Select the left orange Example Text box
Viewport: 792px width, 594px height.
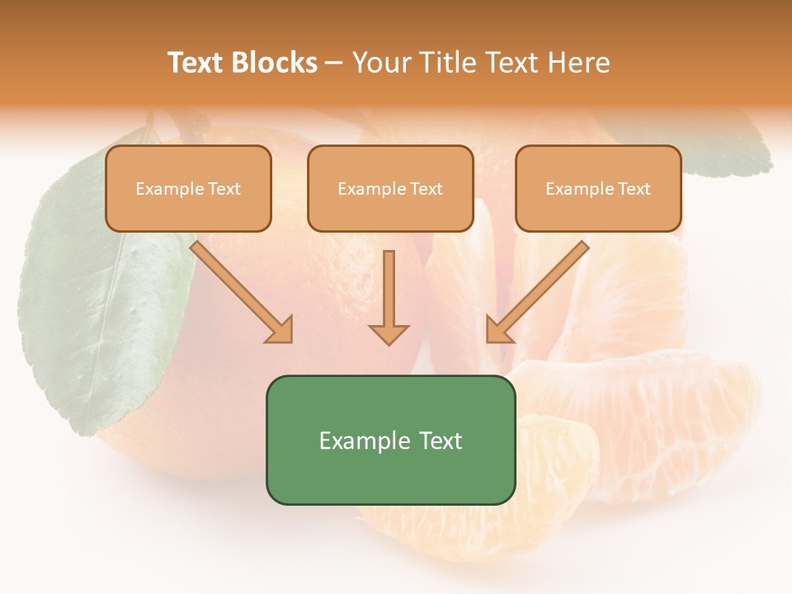[188, 189]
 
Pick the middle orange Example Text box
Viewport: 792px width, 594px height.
[390, 189]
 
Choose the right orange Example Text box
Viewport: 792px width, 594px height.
[598, 189]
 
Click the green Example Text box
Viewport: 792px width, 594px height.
[390, 440]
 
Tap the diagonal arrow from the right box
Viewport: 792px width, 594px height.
[537, 292]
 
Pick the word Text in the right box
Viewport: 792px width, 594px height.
[634, 189]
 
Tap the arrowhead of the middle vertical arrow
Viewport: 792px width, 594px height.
[389, 333]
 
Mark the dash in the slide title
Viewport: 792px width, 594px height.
[334, 64]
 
